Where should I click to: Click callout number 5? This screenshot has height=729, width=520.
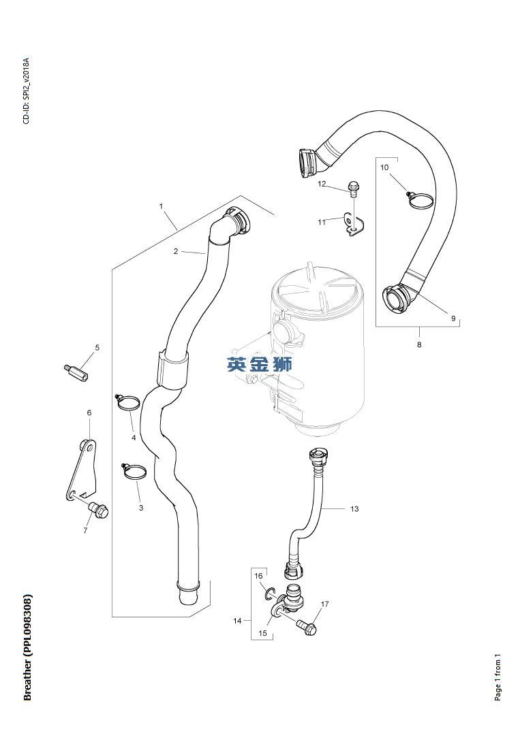97,347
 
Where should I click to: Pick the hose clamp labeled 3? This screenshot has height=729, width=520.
134,470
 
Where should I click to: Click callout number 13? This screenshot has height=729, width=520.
355,508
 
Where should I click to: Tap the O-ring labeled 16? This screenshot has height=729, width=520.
270,595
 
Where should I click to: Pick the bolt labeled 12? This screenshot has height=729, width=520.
353,189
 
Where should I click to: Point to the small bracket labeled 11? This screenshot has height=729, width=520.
353,224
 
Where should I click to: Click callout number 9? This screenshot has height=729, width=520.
453,319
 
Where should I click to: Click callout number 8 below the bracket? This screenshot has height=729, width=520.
419,344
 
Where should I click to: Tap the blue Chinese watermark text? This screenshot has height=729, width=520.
260,364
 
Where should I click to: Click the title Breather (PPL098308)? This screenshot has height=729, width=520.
27,647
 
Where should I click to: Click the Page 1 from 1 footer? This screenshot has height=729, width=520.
498,677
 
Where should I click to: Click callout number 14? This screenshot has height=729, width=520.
237,621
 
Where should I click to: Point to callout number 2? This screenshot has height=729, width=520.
176,251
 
